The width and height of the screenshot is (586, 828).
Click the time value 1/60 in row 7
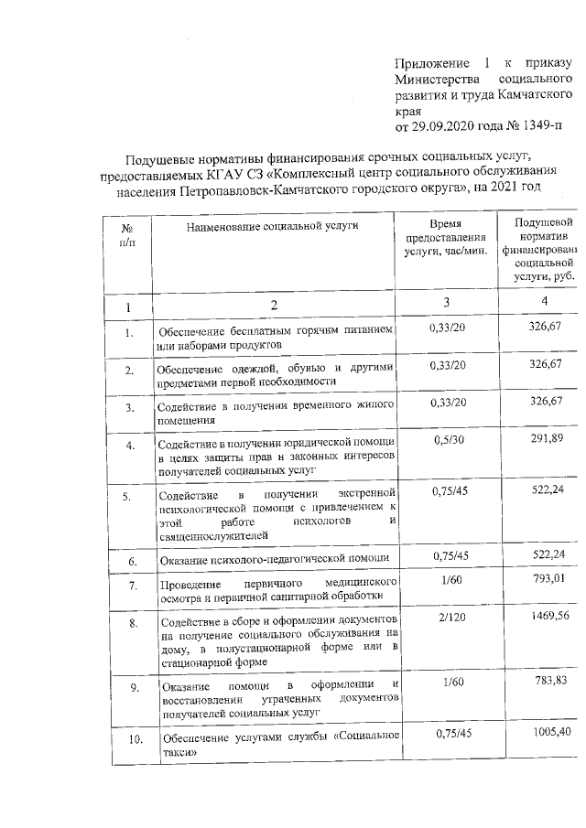click(x=449, y=578)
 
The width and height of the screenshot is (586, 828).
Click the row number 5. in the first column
click(x=130, y=498)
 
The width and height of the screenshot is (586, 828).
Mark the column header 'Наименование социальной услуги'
click(x=272, y=224)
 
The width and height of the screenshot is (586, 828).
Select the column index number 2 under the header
click(x=272, y=305)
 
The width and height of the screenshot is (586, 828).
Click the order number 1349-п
click(x=551, y=123)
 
